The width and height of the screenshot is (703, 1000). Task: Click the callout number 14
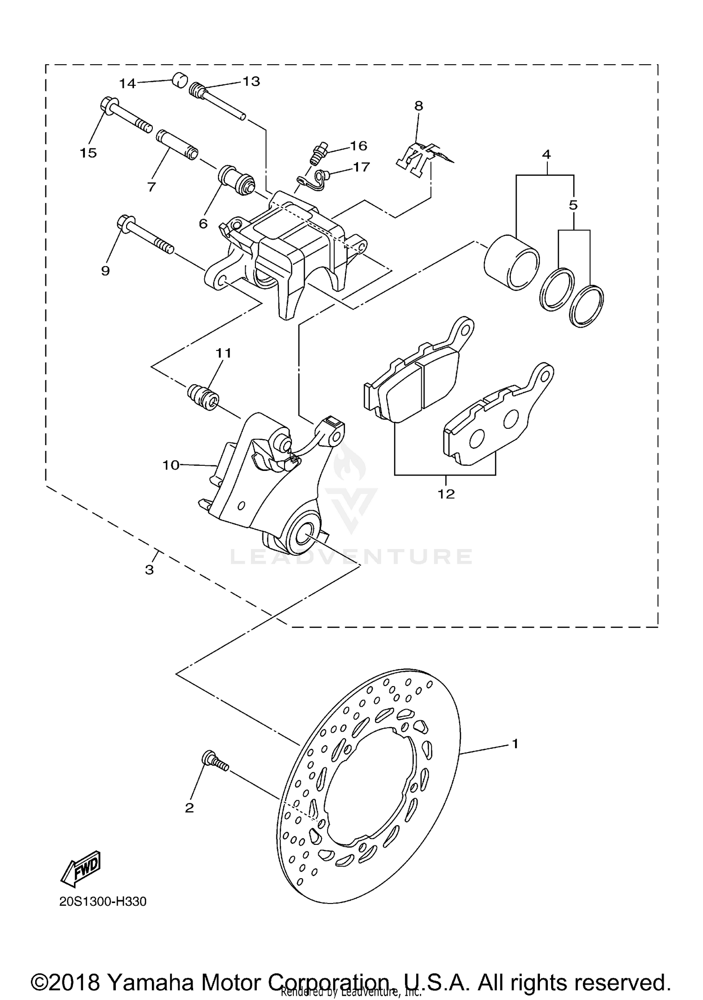tap(127, 84)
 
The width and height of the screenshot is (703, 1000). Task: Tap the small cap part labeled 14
tap(179, 80)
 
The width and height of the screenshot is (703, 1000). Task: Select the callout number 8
tap(419, 106)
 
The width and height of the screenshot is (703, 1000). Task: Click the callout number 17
tap(361, 167)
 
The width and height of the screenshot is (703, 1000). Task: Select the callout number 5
tap(573, 205)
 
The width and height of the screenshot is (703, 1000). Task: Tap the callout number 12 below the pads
tap(446, 494)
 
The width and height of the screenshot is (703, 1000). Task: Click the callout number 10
tap(171, 465)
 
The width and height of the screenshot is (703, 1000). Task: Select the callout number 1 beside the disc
tap(515, 744)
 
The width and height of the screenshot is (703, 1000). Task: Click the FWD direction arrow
tap(81, 867)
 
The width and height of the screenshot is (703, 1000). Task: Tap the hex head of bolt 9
tap(126, 222)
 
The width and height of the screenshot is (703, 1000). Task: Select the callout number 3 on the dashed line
tap(149, 570)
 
